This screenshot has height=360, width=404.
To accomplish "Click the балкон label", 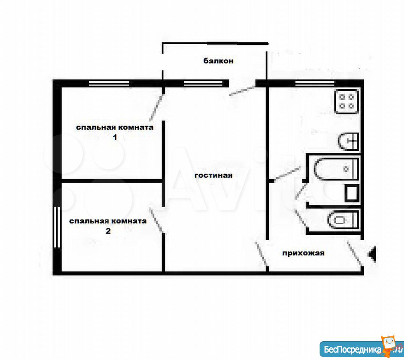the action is click(218, 61).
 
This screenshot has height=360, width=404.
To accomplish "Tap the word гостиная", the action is click(213, 175).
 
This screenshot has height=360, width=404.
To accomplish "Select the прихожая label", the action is click(303, 253).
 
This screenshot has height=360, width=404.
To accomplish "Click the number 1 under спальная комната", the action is click(115, 137).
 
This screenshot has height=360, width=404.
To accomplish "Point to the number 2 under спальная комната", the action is click(108, 231).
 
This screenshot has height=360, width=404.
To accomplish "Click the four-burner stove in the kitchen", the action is click(347, 102).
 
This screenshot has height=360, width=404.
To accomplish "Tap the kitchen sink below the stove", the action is click(348, 141).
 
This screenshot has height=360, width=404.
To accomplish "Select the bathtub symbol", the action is click(336, 169).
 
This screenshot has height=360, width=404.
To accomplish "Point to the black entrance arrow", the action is click(372, 254).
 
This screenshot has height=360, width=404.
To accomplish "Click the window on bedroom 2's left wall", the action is click(57, 227).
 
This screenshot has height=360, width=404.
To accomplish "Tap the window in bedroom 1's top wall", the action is click(109, 83).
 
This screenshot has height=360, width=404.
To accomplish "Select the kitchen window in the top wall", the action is click(315, 83).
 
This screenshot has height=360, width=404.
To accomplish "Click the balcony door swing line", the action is click(242, 91).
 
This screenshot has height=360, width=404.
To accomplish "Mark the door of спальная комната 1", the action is click(157, 107).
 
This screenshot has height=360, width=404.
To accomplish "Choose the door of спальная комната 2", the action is click(157, 220).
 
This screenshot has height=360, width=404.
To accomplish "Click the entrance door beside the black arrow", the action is click(355, 253).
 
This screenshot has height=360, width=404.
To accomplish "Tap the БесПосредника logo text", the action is click(353, 350).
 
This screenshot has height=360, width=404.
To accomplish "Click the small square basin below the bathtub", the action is click(352, 193).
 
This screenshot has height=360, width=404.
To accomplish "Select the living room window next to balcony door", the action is click(203, 83).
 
